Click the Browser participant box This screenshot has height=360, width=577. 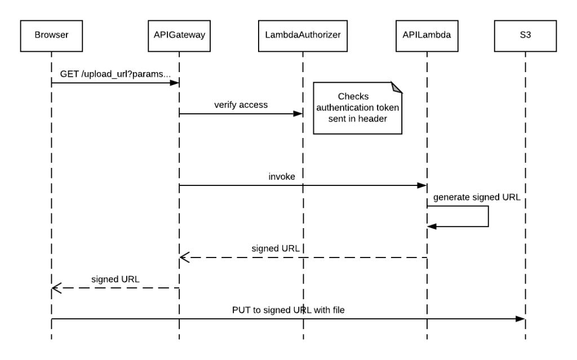51,35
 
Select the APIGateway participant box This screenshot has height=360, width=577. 179,35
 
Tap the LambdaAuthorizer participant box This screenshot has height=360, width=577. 303,35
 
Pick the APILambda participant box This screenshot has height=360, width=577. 427,35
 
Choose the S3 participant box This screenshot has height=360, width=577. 525,35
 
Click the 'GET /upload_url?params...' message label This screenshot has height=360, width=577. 115,74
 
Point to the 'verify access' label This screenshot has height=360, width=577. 241,105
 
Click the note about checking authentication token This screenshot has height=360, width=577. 357,108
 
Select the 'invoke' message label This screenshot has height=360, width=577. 282,176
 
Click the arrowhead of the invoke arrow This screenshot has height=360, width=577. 422,185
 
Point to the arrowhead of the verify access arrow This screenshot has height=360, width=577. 298,114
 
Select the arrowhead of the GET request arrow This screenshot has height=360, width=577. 175,83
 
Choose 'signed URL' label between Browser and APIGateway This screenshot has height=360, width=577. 116,279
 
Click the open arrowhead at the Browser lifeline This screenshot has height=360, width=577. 55,288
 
